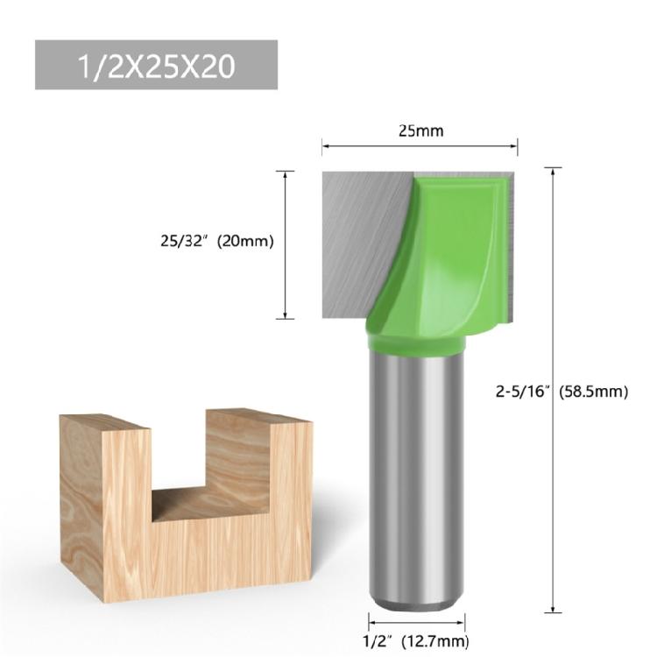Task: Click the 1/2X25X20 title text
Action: click(x=156, y=65)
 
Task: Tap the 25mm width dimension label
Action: click(x=420, y=132)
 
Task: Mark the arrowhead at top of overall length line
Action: click(x=554, y=170)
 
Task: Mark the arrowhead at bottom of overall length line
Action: click(x=554, y=610)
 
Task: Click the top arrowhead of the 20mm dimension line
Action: click(x=286, y=173)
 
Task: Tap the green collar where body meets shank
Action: click(x=414, y=350)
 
